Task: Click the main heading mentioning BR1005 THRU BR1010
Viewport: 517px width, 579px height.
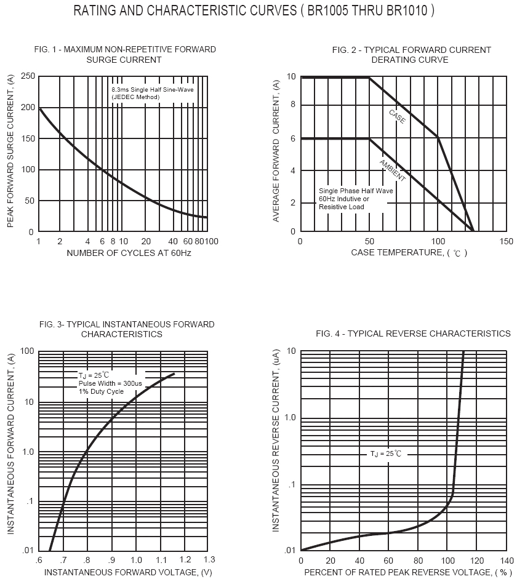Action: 254,11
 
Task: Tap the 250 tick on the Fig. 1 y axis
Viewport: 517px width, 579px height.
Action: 27,76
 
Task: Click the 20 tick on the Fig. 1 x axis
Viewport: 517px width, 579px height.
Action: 146,241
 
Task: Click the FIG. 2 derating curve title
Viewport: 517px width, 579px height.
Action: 411,55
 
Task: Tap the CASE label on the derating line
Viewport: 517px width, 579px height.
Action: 397,116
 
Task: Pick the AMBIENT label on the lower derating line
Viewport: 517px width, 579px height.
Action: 391,170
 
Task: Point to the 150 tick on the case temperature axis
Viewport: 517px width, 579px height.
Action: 507,241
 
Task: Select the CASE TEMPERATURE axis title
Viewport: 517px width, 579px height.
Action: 409,253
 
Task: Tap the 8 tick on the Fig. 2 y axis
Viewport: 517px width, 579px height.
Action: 293,105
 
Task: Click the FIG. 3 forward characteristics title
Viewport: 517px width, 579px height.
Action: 126,329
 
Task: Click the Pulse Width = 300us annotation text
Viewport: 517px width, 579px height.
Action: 110,383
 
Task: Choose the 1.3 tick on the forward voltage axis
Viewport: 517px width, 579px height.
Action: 209,559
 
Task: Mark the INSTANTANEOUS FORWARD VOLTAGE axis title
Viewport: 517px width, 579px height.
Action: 128,572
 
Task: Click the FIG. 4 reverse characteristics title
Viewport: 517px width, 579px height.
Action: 413,333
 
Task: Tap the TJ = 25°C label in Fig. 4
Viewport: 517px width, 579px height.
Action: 385,453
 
